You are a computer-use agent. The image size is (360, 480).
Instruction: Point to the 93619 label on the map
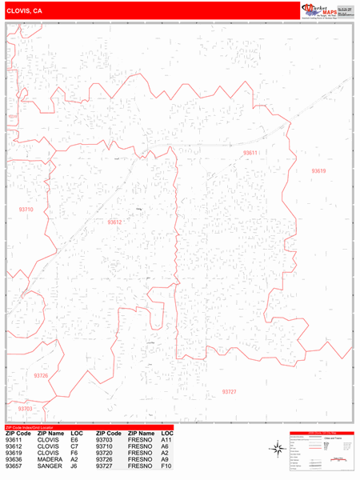coord(319,171)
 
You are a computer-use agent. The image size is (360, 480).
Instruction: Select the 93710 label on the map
coord(26,210)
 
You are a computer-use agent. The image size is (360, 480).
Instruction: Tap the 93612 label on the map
coord(115,222)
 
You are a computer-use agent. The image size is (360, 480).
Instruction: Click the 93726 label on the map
coord(41,375)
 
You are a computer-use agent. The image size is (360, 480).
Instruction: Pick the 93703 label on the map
coord(25,409)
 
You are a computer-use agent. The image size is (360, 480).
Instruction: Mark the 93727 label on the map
coord(230,392)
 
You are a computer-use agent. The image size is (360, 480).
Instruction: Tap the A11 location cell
coord(166,440)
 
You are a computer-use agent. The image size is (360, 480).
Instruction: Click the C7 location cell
coord(74,446)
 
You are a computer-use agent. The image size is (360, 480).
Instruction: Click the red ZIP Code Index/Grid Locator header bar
coord(89,427)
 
